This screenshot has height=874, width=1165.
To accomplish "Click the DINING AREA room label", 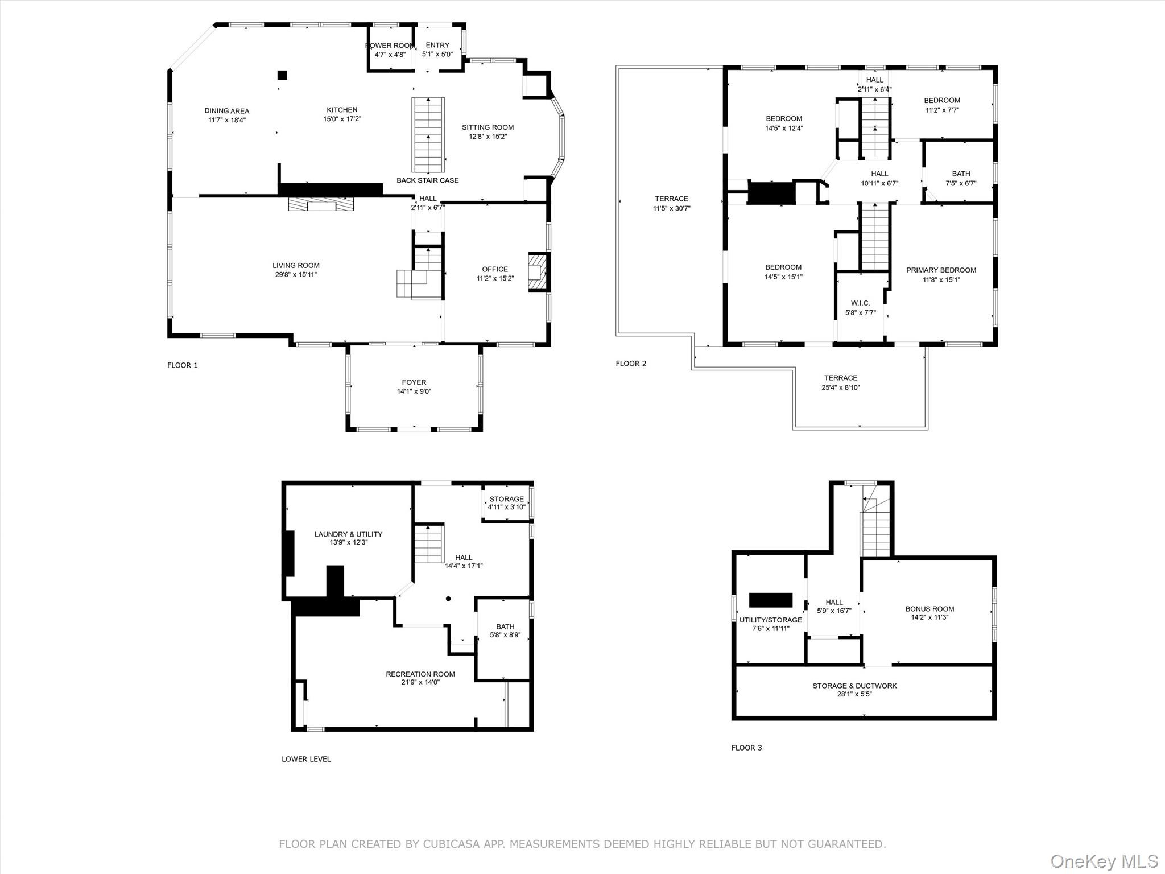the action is pyautogui.click(x=227, y=111).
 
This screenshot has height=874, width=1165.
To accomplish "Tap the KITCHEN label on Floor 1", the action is pyautogui.click(x=342, y=110).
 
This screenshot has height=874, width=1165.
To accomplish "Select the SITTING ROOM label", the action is pyautogui.click(x=488, y=127).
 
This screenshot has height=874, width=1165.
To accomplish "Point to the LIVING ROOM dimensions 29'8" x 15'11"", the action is pyautogui.click(x=296, y=275).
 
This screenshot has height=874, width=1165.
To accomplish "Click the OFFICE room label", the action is pyautogui.click(x=495, y=269).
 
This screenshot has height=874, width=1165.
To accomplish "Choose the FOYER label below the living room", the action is pyautogui.click(x=414, y=382).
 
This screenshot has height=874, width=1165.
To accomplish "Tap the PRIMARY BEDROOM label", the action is pyautogui.click(x=941, y=270).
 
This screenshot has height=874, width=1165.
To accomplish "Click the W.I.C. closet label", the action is pyautogui.click(x=861, y=303).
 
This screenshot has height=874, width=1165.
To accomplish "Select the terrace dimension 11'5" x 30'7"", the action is pyautogui.click(x=672, y=208).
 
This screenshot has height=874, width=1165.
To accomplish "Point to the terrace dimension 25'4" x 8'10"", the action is pyautogui.click(x=841, y=387).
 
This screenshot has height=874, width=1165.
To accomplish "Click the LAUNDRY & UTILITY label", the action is pyautogui.click(x=349, y=534).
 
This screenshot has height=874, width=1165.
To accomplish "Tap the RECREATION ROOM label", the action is pyautogui.click(x=420, y=674).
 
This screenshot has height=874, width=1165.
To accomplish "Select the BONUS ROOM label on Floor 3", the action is pyautogui.click(x=930, y=609).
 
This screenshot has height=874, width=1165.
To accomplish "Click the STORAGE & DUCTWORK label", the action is pyautogui.click(x=854, y=686).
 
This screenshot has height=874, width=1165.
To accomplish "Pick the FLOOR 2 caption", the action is pyautogui.click(x=631, y=364).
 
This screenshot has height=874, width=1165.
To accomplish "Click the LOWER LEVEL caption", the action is pyautogui.click(x=306, y=759).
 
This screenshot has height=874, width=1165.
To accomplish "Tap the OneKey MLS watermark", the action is pyautogui.click(x=1104, y=861).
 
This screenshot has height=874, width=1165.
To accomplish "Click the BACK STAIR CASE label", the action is pyautogui.click(x=428, y=180).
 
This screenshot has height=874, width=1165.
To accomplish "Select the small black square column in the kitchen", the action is pyautogui.click(x=282, y=75).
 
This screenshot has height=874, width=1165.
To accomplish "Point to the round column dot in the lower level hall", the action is pyautogui.click(x=448, y=599).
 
